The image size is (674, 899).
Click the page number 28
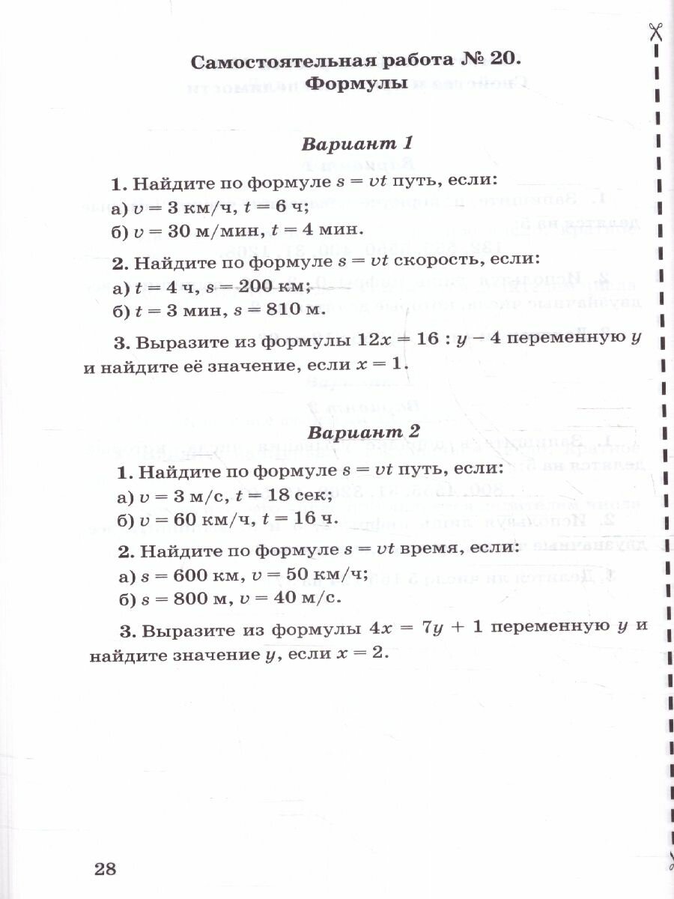[106, 869]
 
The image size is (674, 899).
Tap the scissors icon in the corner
[657, 31]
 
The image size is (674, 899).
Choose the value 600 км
[204, 575]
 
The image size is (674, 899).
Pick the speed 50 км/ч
[328, 575]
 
